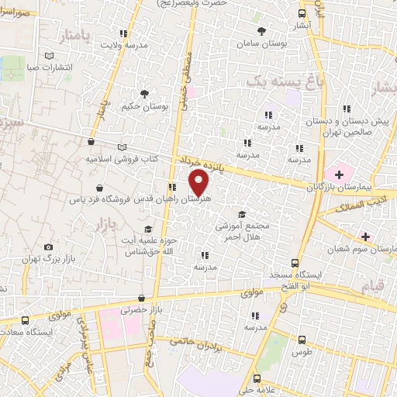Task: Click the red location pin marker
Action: [199, 182]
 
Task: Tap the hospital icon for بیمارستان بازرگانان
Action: [338, 171]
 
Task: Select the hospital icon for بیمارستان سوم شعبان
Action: [366, 236]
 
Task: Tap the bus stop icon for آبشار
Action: [302, 13]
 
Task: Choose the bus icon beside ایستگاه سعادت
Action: [26, 320]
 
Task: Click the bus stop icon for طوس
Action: [302, 339]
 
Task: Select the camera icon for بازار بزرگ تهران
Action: [50, 247]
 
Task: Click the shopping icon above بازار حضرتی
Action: [141, 298]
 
